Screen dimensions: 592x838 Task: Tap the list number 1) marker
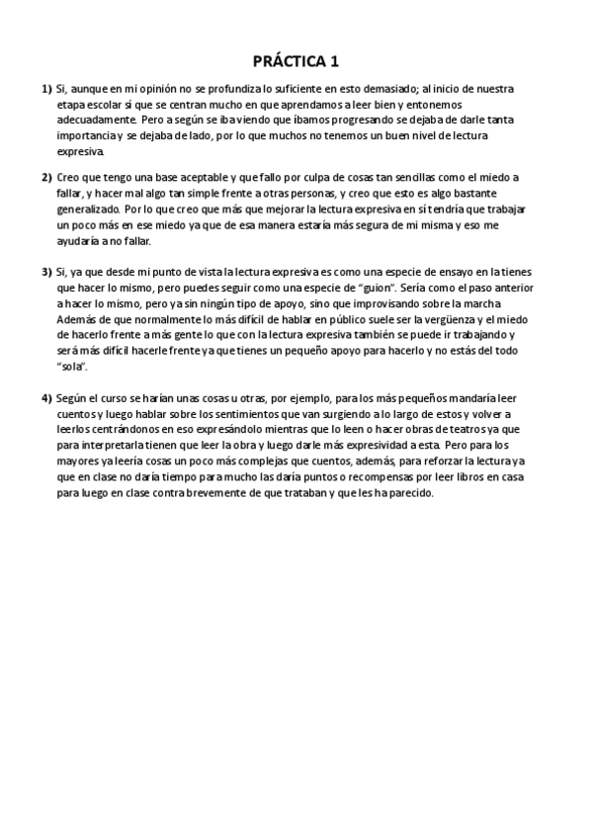[x=46, y=89]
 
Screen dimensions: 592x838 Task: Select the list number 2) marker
[x=46, y=178]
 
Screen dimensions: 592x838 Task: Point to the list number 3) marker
[x=46, y=272]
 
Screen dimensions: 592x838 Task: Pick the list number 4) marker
[x=46, y=397]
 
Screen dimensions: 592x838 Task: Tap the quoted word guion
[x=328, y=287]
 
